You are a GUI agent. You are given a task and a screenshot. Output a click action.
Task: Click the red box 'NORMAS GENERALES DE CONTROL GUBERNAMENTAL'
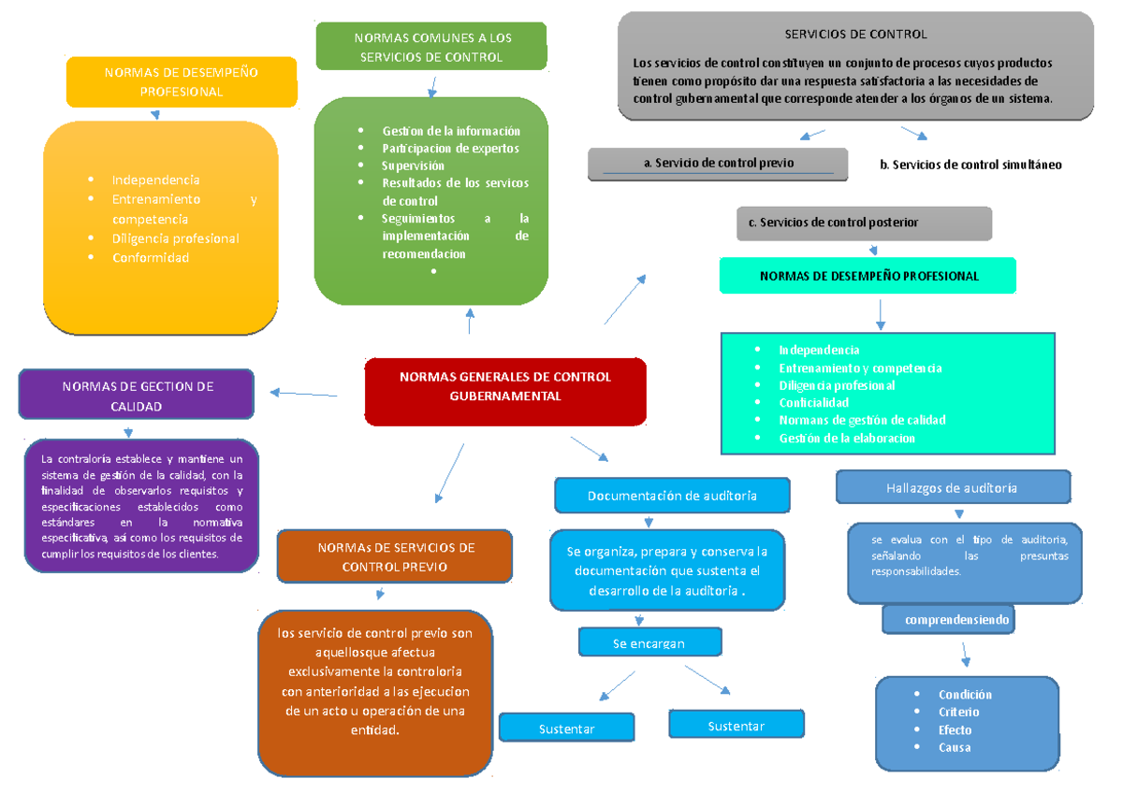pyautogui.click(x=504, y=387)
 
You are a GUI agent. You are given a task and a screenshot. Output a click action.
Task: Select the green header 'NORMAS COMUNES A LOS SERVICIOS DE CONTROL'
pyautogui.click(x=431, y=47)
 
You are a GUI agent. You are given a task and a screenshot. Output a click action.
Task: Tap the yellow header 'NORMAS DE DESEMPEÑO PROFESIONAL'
pyautogui.click(x=181, y=82)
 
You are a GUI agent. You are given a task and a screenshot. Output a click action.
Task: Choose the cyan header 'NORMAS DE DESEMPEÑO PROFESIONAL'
pyautogui.click(x=868, y=276)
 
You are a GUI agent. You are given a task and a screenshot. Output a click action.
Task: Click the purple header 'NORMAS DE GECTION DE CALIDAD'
pyautogui.click(x=137, y=396)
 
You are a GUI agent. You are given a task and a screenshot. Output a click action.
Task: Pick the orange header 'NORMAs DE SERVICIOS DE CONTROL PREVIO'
pyautogui.click(x=394, y=556)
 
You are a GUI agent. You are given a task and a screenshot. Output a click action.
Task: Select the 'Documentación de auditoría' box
pyautogui.click(x=672, y=496)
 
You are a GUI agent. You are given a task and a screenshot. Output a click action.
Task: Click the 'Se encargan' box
pyautogui.click(x=649, y=643)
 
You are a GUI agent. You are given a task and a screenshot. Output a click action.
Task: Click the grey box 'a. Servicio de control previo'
pyautogui.click(x=718, y=163)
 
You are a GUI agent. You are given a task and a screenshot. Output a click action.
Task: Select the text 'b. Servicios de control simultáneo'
pyautogui.click(x=970, y=165)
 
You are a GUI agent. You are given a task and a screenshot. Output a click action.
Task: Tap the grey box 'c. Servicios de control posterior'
pyautogui.click(x=863, y=223)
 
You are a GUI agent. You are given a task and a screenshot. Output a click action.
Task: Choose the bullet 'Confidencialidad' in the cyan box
pyautogui.click(x=813, y=402)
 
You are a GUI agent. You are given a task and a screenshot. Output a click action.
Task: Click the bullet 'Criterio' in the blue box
pyautogui.click(x=958, y=712)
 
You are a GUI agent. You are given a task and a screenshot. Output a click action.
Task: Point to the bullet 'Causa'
pyautogui.click(x=955, y=747)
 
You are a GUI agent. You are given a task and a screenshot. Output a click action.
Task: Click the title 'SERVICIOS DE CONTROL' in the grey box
pyautogui.click(x=854, y=34)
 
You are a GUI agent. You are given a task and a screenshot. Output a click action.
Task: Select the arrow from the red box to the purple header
pyautogui.click(x=304, y=393)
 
